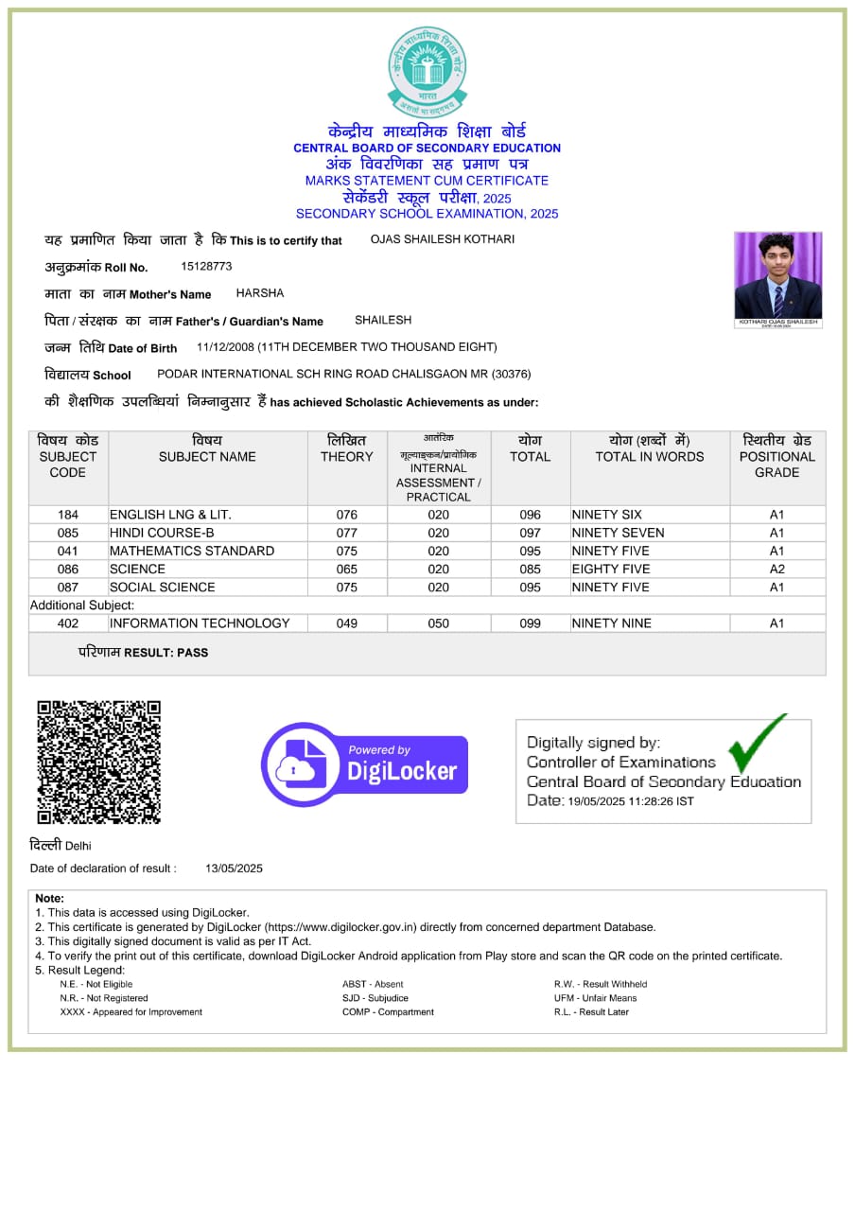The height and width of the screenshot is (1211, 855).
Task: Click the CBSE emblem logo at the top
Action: (427, 71)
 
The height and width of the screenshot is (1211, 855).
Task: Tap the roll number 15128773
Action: (206, 267)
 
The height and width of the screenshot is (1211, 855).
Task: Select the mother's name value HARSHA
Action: (260, 293)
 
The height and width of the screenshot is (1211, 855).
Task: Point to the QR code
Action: (98, 762)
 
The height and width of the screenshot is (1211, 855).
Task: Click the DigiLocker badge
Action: (364, 764)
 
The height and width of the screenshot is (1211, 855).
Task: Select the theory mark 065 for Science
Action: (347, 570)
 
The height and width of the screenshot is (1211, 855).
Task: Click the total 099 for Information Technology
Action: (531, 623)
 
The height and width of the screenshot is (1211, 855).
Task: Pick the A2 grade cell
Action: (776, 570)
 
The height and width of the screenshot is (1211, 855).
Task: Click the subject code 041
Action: (68, 551)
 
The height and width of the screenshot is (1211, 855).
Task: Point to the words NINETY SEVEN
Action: (619, 533)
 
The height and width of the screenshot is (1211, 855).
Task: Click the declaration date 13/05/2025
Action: (234, 869)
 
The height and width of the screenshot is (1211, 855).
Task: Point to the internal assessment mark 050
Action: (438, 623)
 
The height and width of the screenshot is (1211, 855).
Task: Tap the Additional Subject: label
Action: (82, 605)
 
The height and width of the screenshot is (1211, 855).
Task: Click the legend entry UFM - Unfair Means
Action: (595, 998)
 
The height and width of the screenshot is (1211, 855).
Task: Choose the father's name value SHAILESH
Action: (383, 321)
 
